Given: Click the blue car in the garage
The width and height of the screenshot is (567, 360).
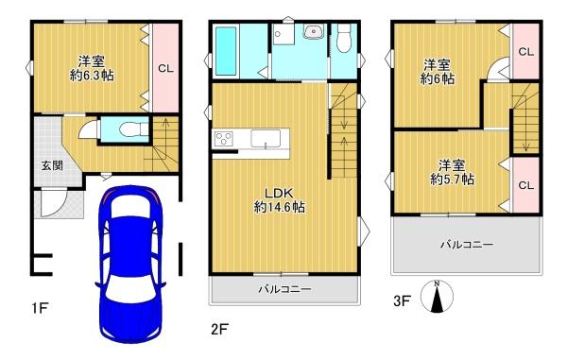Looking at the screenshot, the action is (130, 264).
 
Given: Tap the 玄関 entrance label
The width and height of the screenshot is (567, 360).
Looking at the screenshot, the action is (52, 166).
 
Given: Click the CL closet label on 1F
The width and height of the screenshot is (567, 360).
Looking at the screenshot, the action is (165, 68).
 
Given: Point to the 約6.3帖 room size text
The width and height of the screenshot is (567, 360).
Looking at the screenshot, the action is (92, 76).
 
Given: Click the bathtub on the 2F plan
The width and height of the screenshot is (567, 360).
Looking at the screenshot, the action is (226, 51).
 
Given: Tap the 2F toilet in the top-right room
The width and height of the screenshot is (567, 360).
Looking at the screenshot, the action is (344, 38).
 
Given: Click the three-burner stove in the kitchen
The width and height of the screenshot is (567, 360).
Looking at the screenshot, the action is (224, 139).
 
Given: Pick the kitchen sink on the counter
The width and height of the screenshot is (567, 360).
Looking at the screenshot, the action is (266, 139).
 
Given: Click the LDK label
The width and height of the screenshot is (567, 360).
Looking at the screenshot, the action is (279, 194).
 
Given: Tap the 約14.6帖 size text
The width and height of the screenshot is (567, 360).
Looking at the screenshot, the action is (279, 207).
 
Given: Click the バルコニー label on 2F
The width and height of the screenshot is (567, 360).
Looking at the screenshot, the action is (285, 289).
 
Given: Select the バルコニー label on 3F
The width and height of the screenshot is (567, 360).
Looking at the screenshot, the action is (467, 245).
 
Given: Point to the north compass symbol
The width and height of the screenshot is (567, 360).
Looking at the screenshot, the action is (437, 297).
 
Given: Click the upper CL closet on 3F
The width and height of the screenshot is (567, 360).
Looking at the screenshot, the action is (526, 52).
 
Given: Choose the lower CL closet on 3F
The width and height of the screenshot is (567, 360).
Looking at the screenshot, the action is (526, 185).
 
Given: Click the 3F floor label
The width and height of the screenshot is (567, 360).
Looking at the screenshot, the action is (403, 300).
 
